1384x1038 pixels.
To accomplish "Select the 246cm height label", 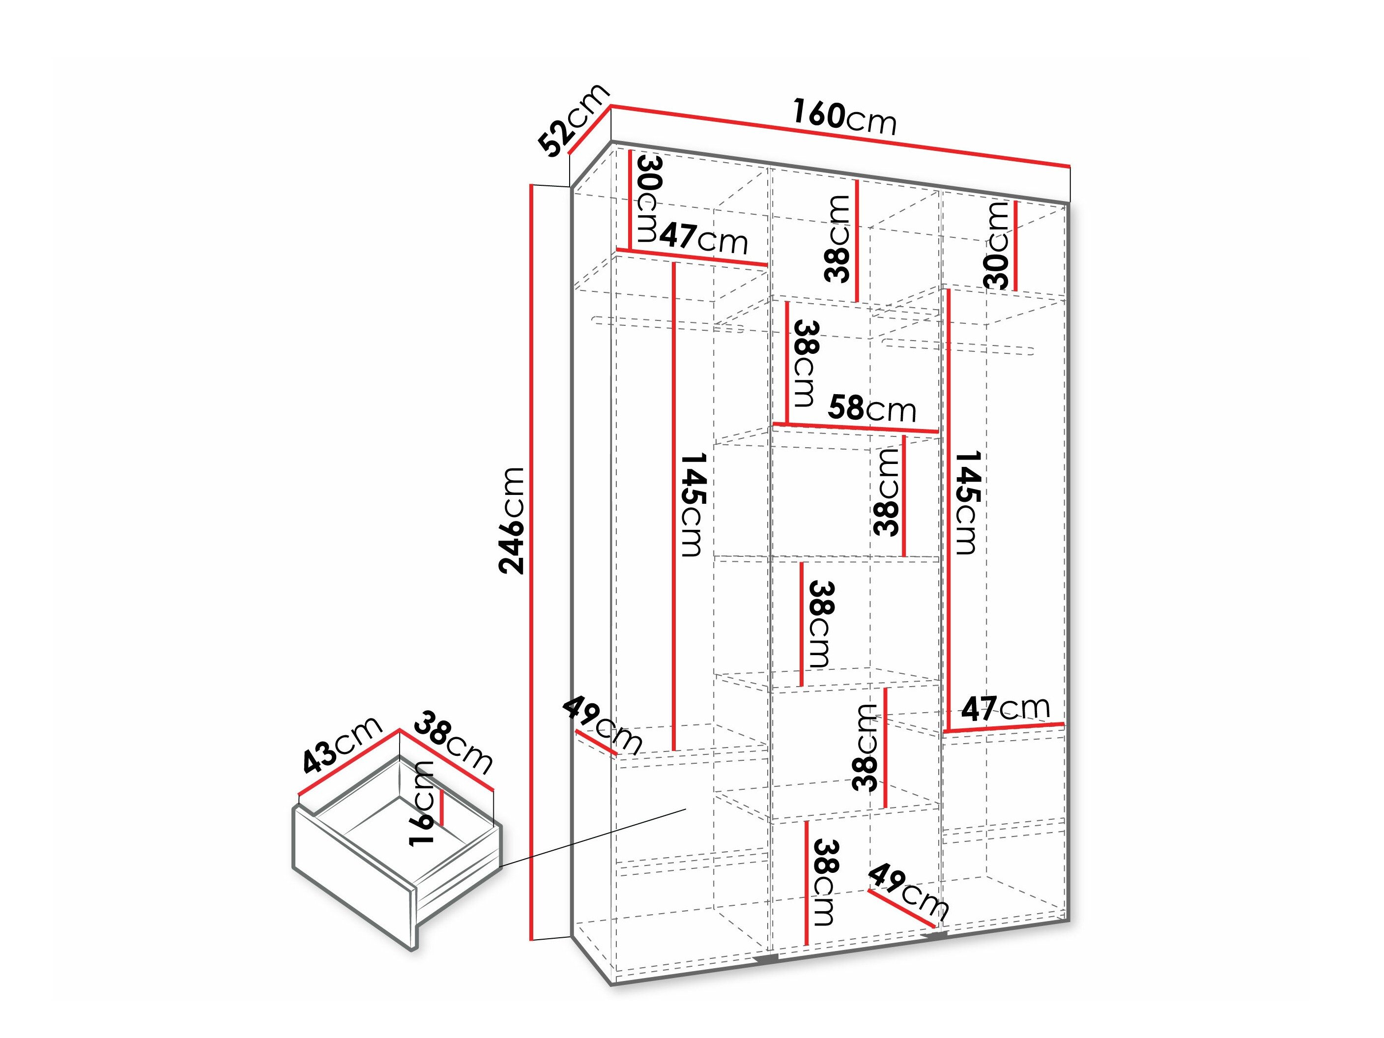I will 511,520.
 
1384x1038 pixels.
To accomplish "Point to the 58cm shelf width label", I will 871,409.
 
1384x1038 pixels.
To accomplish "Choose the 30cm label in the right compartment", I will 997,245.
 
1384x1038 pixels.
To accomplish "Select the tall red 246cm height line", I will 531,563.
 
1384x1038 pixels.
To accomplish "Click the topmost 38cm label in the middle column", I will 837,238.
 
